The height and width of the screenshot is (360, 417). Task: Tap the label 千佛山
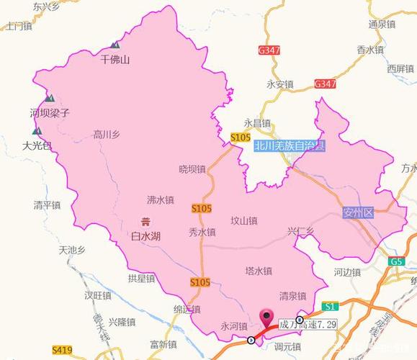[115, 60]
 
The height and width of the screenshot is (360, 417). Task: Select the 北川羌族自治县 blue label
[289, 145]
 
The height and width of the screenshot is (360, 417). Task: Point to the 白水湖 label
[145, 235]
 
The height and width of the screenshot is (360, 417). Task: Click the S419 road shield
[62, 350]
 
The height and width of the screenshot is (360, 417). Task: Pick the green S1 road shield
[331, 305]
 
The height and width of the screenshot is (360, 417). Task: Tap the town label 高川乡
[107, 134]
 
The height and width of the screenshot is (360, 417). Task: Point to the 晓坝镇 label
[192, 169]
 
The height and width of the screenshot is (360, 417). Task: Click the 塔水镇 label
[258, 271]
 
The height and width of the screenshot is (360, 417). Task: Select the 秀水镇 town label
[202, 232]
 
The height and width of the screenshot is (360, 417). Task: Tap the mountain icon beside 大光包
[36, 132]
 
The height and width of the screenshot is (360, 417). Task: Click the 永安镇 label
[280, 84]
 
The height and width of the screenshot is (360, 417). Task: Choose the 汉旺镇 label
[97, 296]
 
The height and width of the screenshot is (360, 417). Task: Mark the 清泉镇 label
[292, 296]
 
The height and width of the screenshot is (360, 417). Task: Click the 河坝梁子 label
[50, 113]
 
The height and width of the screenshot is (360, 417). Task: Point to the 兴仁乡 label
[301, 231]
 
